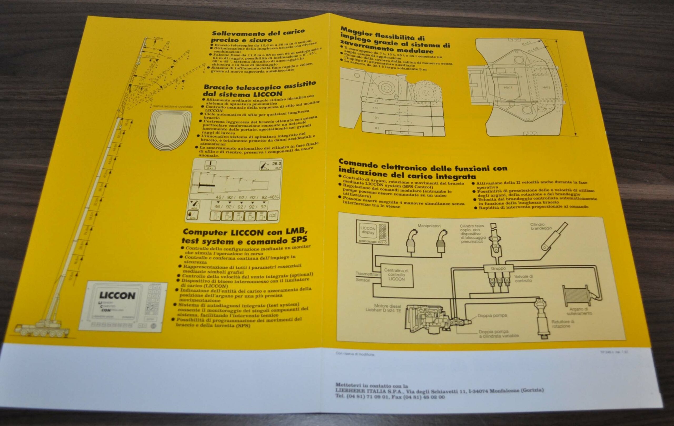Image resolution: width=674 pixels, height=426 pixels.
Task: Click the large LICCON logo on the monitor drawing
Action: click(x=117, y=296)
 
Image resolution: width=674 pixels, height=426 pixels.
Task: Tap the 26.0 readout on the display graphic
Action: click(x=276, y=164)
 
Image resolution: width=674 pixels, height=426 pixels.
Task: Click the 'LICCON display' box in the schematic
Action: click(x=368, y=230)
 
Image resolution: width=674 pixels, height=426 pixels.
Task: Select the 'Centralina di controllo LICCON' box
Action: click(x=396, y=275)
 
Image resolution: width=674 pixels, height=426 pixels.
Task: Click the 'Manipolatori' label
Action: click(x=429, y=226)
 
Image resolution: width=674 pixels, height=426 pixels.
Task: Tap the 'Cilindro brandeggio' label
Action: click(x=541, y=226)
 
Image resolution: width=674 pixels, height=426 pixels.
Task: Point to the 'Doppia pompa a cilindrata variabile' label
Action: click(x=498, y=334)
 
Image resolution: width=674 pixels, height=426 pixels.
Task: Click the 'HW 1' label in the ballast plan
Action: click(x=508, y=88)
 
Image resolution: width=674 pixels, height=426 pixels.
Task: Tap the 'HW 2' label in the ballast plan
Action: click(x=546, y=88)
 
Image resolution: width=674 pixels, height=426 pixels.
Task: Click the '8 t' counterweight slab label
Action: click(x=377, y=128)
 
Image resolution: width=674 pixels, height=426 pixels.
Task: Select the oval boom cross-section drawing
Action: click(x=169, y=130)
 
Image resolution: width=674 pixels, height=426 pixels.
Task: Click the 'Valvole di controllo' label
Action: click(x=523, y=278)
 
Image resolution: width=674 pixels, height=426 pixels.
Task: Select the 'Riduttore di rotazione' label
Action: click(x=563, y=324)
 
